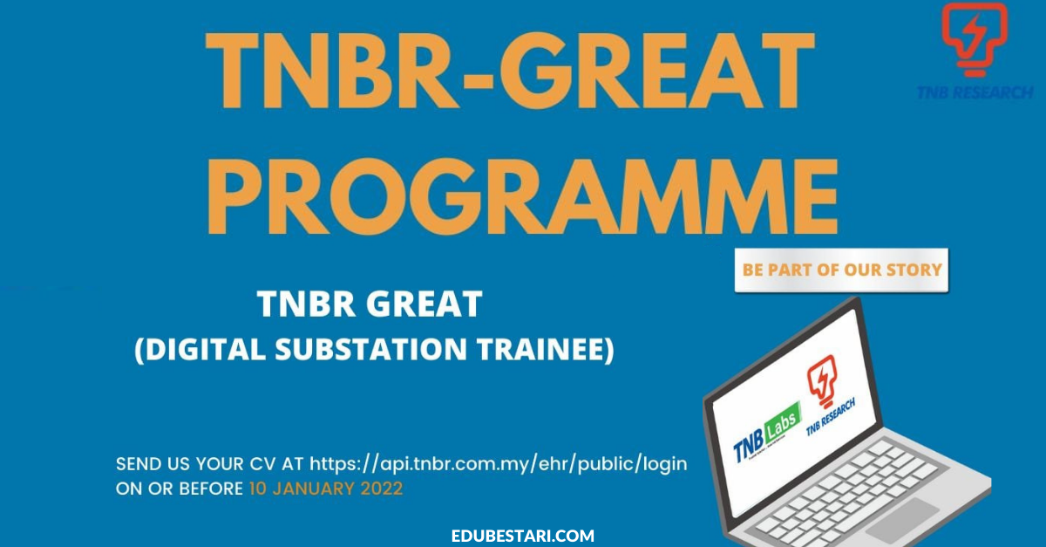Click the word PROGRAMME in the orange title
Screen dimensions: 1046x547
(522, 196)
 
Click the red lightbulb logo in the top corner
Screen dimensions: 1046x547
(975, 39)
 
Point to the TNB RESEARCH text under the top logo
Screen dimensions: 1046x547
(975, 92)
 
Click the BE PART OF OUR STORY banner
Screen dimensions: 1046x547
(841, 270)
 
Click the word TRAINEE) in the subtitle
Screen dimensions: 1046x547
(545, 350)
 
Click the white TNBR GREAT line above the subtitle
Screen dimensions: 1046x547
(370, 304)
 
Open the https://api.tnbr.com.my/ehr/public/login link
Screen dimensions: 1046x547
(499, 464)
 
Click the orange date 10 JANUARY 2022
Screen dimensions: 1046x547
(326, 489)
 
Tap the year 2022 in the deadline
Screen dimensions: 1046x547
(382, 489)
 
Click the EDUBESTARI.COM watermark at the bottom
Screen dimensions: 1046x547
(523, 536)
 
